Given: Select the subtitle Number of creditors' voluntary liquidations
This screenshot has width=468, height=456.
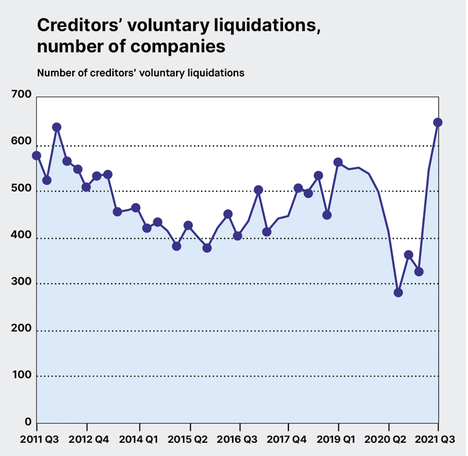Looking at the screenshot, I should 140,73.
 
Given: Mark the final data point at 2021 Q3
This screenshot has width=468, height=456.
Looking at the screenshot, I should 438,123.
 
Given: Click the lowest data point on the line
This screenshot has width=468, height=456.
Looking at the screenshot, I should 398,293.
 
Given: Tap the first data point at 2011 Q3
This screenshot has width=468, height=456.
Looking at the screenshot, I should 37,156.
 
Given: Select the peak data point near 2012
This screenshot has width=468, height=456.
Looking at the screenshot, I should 57,127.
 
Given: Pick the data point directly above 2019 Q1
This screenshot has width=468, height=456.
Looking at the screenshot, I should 338,163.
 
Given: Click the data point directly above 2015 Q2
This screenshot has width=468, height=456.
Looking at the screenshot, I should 188,225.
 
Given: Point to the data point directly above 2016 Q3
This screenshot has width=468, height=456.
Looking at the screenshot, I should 237,236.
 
